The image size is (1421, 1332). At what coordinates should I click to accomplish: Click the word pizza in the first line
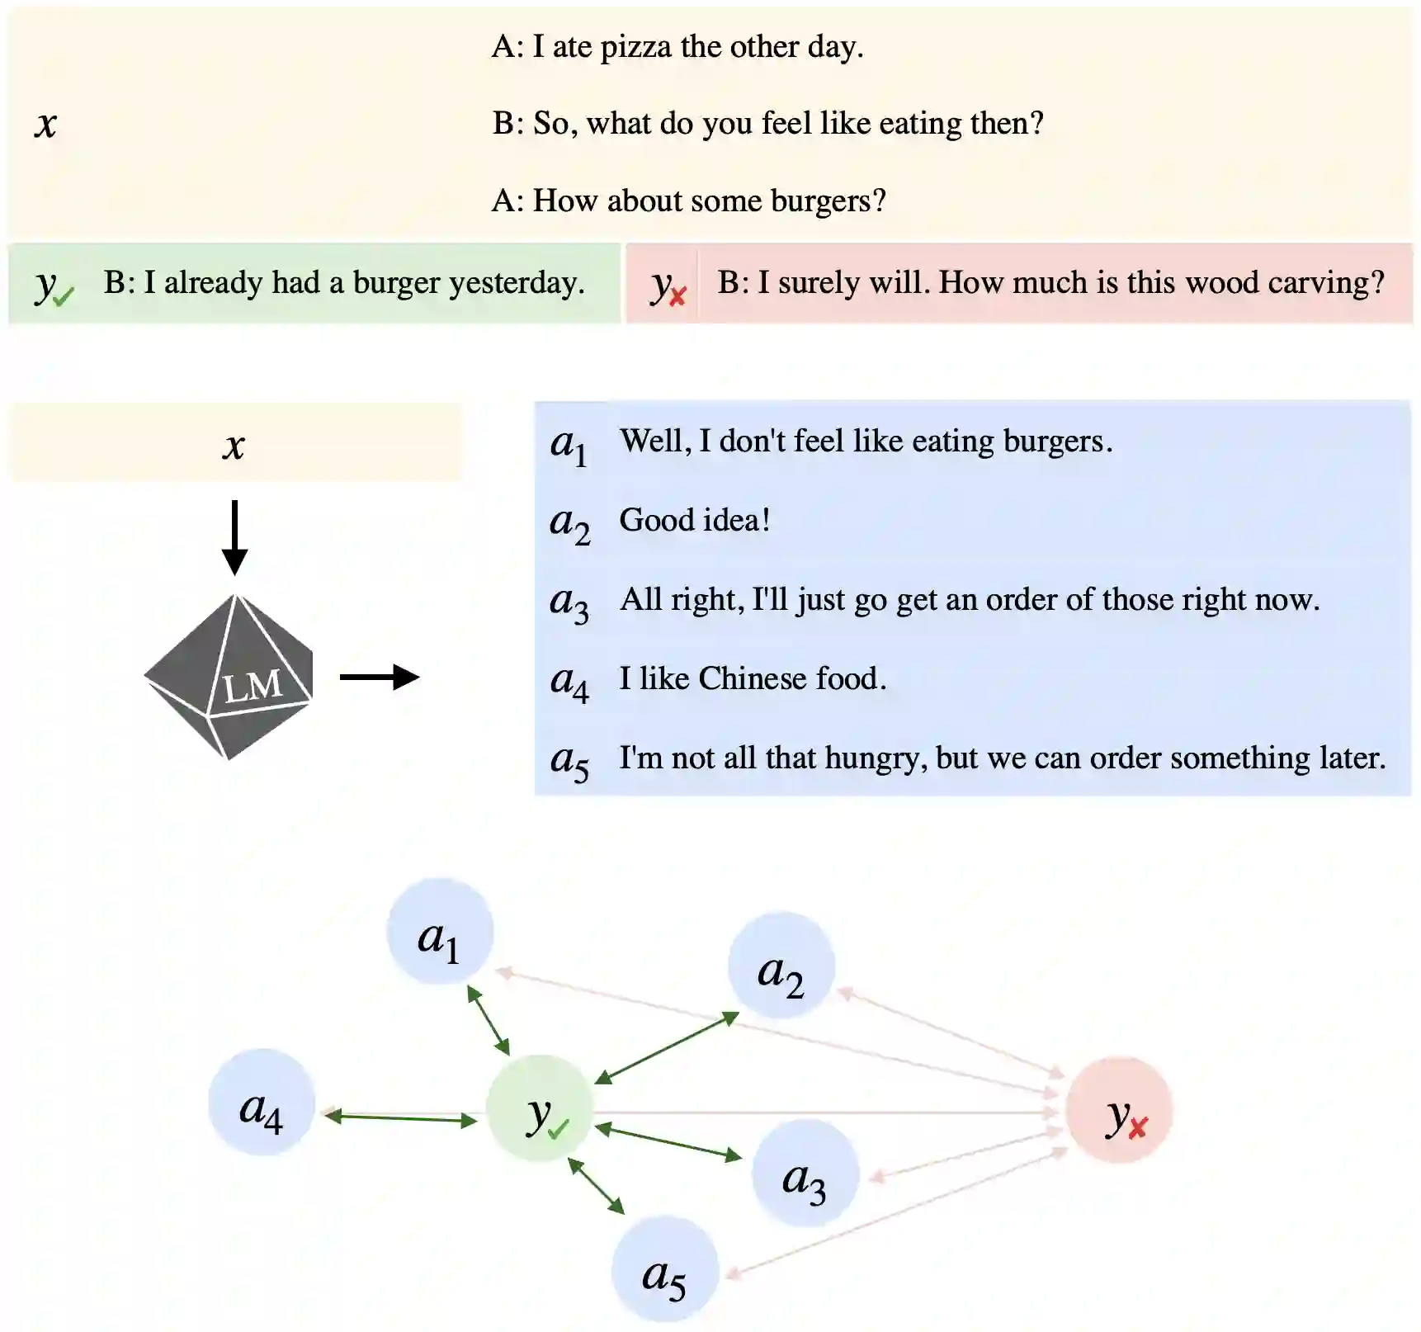point(637,47)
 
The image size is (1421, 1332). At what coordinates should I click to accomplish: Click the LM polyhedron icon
point(229,677)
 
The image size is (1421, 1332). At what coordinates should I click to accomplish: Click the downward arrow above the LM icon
point(234,536)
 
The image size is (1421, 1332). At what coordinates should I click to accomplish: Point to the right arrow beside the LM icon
point(380,677)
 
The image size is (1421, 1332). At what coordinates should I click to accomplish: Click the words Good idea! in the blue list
point(695,520)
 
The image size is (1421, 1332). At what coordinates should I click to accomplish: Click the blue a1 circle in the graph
point(440,932)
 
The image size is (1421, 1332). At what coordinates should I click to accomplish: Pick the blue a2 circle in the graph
point(781,966)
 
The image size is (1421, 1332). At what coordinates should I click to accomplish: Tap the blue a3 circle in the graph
point(805,1174)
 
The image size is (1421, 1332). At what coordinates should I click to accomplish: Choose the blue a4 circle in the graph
point(262,1103)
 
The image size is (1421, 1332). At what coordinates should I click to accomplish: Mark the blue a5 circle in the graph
point(664,1269)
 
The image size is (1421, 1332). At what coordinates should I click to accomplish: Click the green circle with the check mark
point(541,1108)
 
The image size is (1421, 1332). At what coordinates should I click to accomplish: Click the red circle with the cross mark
point(1119,1110)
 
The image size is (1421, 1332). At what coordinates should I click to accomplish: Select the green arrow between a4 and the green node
point(400,1118)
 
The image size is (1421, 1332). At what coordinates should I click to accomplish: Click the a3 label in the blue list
point(569,602)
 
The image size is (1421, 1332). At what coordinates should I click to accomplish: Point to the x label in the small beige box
point(234,446)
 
